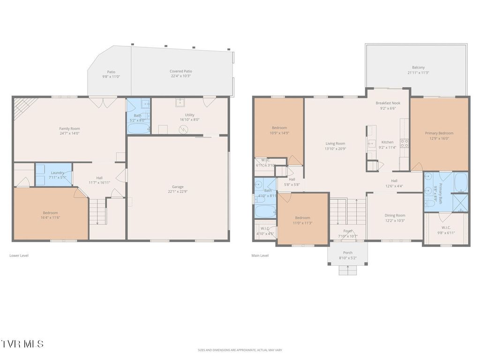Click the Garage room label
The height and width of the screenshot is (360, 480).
pyautogui.click(x=177, y=187)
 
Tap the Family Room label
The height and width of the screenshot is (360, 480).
pyautogui.click(x=69, y=128)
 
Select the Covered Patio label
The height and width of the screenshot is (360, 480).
pyautogui.click(x=181, y=71)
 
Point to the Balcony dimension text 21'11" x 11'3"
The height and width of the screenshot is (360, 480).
pyautogui.click(x=418, y=73)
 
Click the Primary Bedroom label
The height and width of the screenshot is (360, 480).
pyautogui.click(x=439, y=133)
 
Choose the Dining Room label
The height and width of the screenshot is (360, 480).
pyautogui.click(x=395, y=216)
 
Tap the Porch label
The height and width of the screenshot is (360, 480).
pyautogui.click(x=347, y=253)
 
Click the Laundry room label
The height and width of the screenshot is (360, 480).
pyautogui.click(x=57, y=172)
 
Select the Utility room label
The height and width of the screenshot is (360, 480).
pyautogui.click(x=189, y=115)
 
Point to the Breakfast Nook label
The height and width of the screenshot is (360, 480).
pyautogui.click(x=388, y=103)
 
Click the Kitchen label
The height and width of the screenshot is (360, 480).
pyautogui.click(x=387, y=142)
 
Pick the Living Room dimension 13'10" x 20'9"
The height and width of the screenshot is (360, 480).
pyautogui.click(x=336, y=149)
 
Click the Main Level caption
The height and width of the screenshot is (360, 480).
pyautogui.click(x=260, y=255)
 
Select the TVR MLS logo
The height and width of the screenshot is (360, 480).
pyautogui.click(x=22, y=344)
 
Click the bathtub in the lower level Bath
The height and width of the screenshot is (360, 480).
pyautogui.click(x=138, y=128)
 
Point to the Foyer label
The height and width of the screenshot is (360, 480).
pyautogui.click(x=348, y=231)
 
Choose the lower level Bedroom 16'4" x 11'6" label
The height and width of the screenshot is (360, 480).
pyautogui.click(x=50, y=213)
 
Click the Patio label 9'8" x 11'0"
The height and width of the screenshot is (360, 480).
pyautogui.click(x=111, y=72)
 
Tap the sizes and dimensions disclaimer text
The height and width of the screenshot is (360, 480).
pyautogui.click(x=240, y=350)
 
